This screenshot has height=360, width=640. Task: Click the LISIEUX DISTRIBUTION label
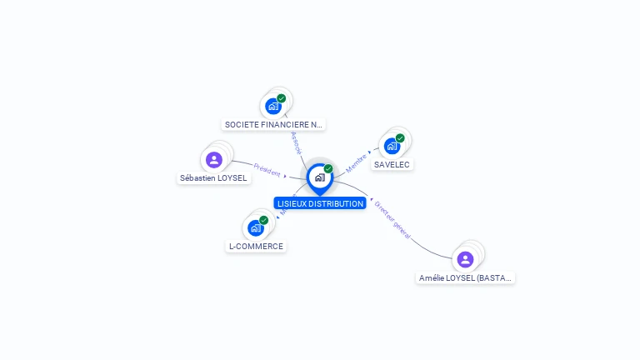tap(320, 203)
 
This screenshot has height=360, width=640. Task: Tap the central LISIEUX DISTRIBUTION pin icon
tap(319, 177)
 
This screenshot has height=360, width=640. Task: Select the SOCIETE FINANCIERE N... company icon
tap(272, 106)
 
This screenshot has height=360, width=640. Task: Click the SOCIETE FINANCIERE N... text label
tap(273, 125)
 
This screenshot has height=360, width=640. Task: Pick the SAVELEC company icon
tap(392, 146)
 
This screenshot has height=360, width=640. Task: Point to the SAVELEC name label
tap(392, 165)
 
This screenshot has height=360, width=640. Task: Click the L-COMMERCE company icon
tap(255, 227)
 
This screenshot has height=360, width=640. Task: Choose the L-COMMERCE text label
tap(256, 247)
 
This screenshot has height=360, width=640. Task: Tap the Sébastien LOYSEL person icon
tap(214, 159)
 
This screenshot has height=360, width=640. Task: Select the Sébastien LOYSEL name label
tap(213, 178)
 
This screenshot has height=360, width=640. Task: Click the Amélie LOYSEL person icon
tap(465, 259)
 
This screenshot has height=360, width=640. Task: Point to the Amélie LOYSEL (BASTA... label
tap(466, 278)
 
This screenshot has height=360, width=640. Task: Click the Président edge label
tap(266, 169)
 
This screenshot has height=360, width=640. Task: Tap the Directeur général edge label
tap(392, 220)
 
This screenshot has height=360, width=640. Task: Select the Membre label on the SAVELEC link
tap(357, 162)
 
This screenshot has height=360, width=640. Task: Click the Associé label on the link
tap(295, 142)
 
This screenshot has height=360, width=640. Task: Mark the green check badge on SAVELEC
tap(400, 138)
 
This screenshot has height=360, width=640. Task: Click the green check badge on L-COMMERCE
tap(263, 220)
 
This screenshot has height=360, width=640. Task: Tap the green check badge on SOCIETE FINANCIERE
tap(282, 98)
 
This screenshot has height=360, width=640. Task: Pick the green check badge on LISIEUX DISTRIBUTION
tap(328, 169)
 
